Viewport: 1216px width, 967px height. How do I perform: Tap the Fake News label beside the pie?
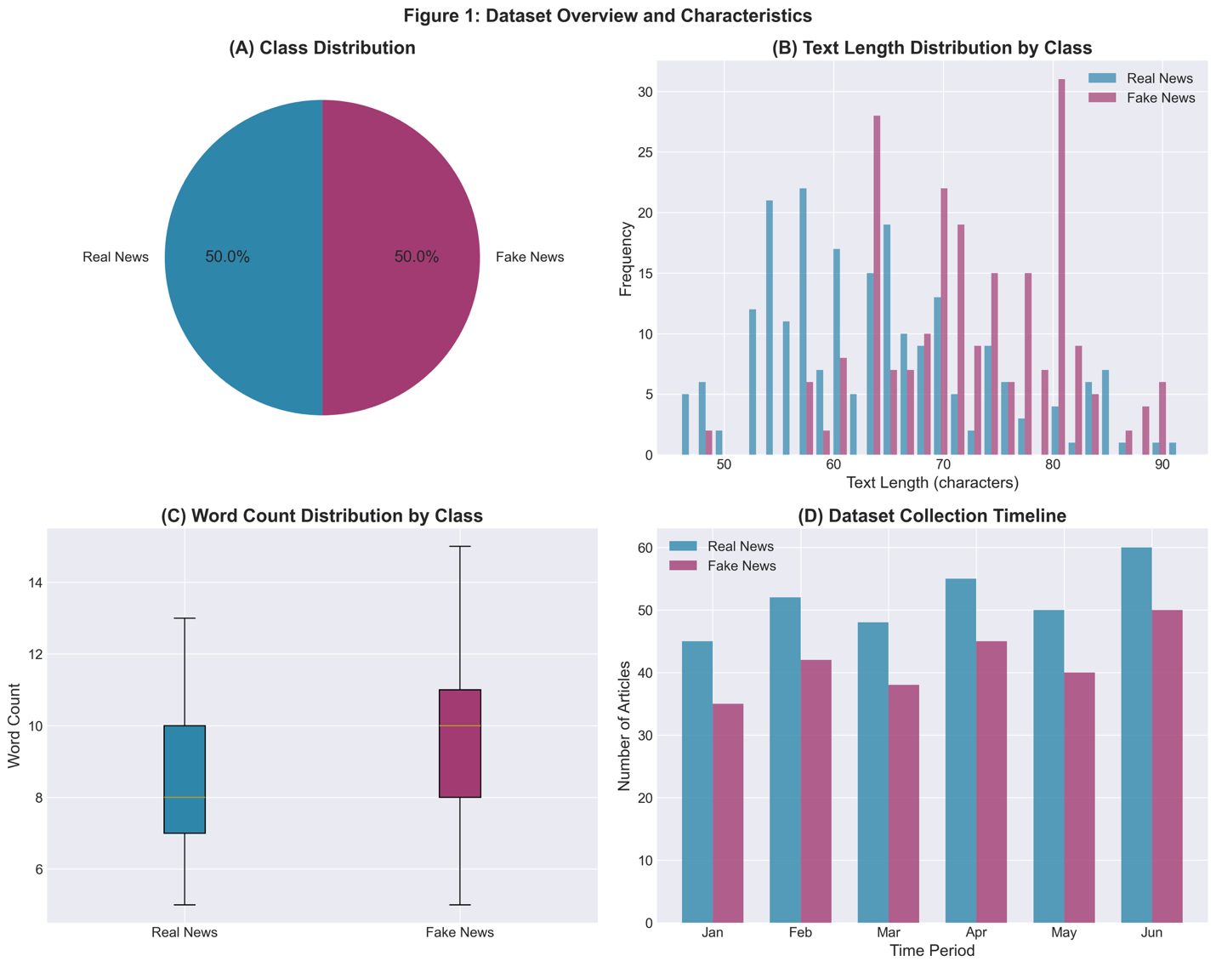coord(529,257)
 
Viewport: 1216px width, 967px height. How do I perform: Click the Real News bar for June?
coord(1136,736)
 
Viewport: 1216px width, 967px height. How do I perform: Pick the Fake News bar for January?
coord(728,813)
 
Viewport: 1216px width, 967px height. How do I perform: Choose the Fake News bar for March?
coord(904,804)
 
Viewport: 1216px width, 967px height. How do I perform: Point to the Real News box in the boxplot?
coord(185,779)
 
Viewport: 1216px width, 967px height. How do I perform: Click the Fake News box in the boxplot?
coord(460,743)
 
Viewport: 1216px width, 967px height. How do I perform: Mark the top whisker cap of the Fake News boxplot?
coord(460,546)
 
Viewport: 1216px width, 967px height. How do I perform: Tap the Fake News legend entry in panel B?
coord(1160,98)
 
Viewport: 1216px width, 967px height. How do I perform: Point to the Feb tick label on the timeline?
coord(800,933)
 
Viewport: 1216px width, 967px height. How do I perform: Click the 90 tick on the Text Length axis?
coord(1162,466)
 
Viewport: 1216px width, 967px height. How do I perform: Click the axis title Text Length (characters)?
coord(932,483)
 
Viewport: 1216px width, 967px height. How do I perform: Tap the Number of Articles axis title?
coord(626,725)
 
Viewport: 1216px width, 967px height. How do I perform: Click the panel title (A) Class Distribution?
coord(322,48)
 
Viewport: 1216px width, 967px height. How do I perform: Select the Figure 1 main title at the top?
coord(608,15)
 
